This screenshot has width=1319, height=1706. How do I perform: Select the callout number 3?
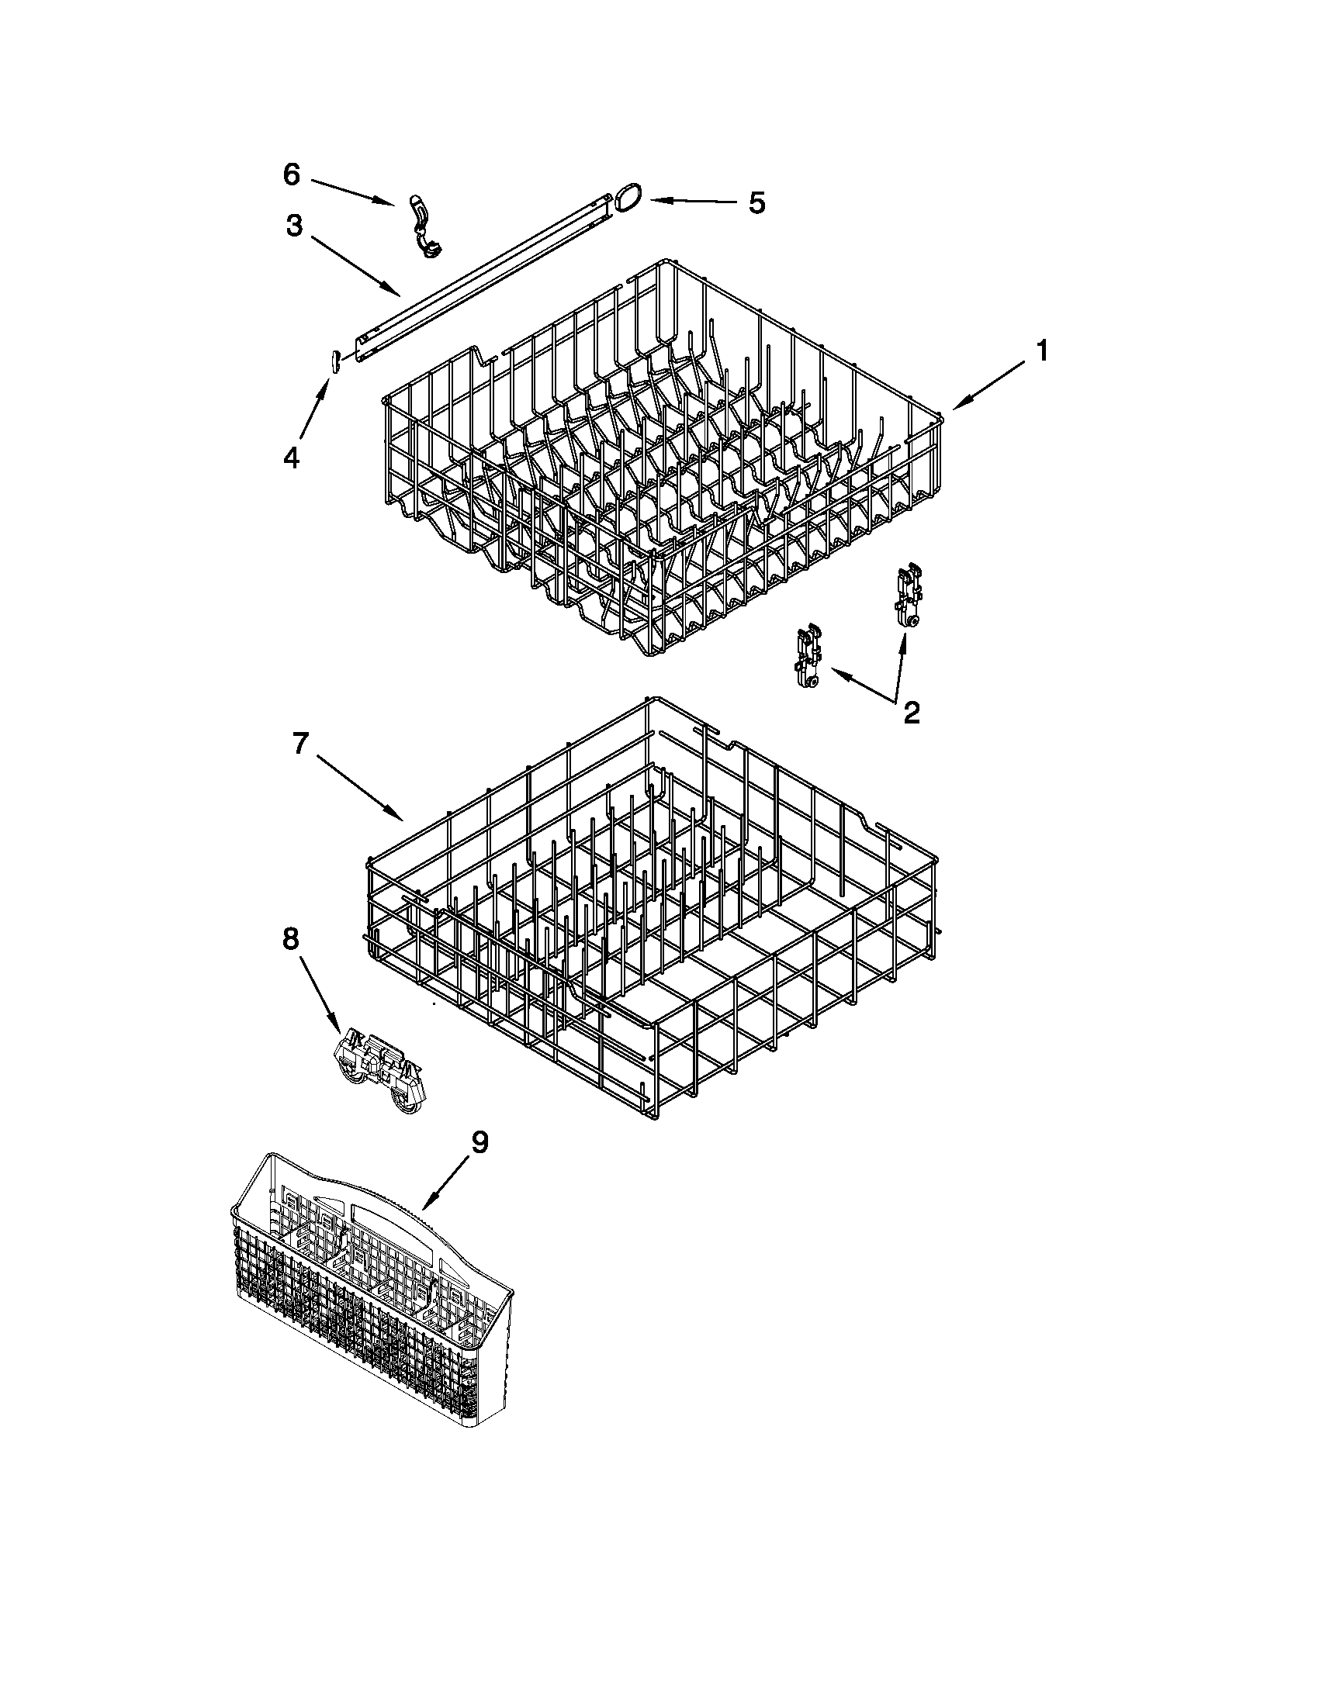click(293, 226)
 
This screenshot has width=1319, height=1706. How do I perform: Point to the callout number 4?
click(291, 457)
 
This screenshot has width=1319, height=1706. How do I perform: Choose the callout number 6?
click(291, 175)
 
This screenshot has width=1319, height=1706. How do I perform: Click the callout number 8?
click(290, 939)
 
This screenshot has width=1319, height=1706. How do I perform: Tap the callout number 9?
click(479, 1142)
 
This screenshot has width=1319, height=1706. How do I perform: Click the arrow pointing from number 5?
click(691, 202)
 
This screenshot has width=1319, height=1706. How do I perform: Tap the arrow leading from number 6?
click(351, 192)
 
